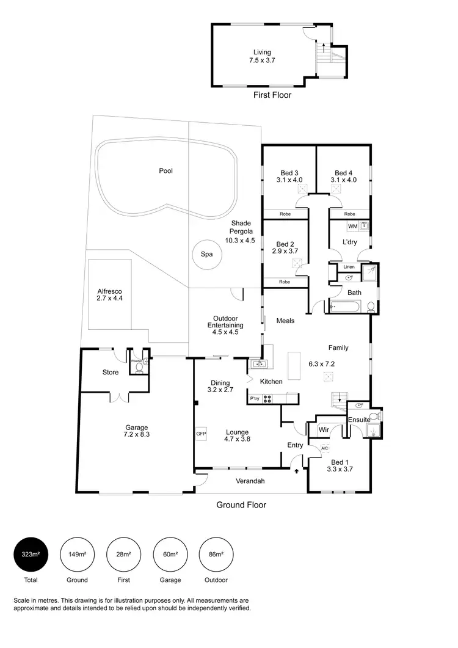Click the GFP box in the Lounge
(x=201, y=434)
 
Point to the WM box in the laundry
(x=352, y=227)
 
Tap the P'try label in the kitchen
(x=255, y=399)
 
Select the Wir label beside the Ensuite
(x=324, y=430)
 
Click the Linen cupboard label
(x=349, y=267)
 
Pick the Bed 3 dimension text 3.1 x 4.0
(x=289, y=180)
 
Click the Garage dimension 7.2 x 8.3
(x=137, y=435)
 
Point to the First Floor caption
(x=272, y=95)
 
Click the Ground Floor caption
(x=241, y=505)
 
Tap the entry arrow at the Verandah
(x=297, y=471)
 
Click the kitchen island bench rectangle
(x=294, y=366)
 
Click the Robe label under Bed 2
(x=285, y=282)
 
